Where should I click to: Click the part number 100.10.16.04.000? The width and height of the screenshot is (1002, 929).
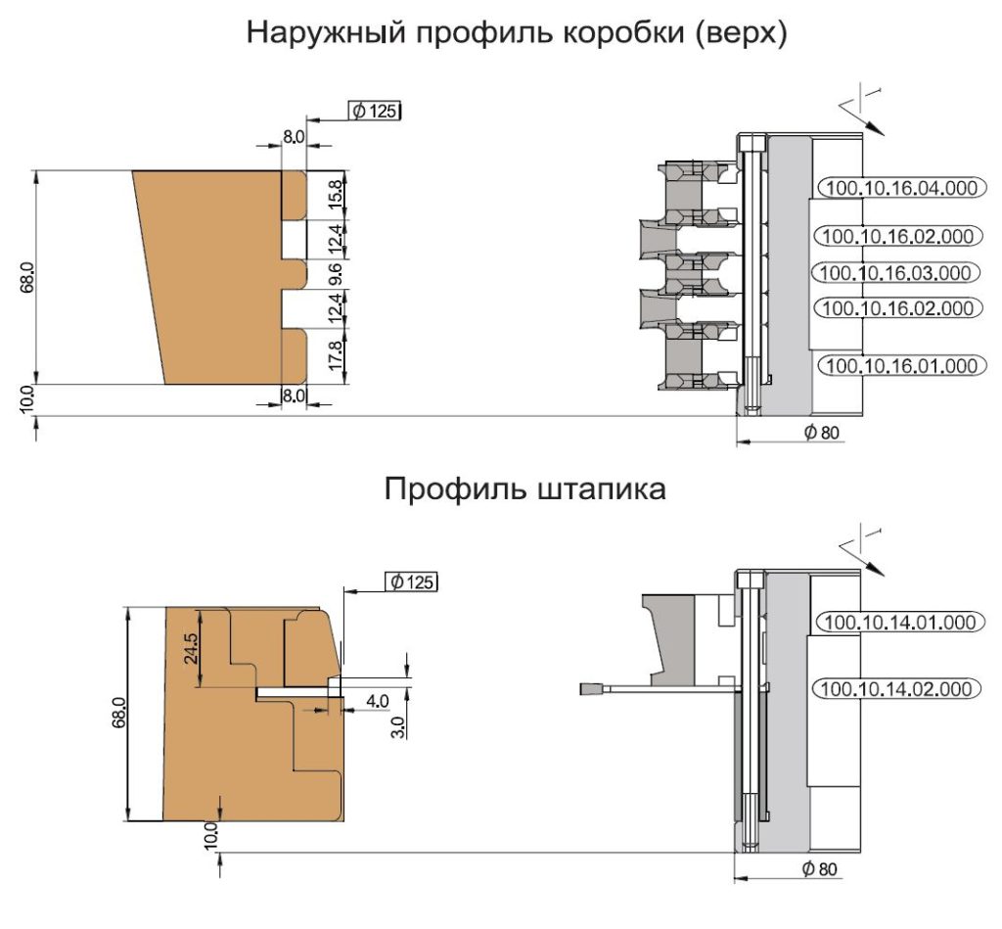900,187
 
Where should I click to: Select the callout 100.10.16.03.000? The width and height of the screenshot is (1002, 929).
894,273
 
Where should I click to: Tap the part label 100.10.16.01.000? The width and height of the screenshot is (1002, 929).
901,366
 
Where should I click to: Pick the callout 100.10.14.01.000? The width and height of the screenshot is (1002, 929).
900,622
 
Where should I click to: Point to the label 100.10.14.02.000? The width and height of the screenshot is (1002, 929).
896,688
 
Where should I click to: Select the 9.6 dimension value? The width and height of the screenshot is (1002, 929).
337,274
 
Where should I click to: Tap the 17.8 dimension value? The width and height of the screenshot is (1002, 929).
337,356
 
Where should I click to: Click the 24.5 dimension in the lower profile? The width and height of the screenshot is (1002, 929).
192,648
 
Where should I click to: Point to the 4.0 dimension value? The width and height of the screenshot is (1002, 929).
377,701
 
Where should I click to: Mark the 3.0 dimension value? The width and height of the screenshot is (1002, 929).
397,727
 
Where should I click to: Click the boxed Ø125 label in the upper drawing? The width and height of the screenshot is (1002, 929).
375,112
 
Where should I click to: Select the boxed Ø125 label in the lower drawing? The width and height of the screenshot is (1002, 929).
412,581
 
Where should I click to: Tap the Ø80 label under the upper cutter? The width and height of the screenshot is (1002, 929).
821,433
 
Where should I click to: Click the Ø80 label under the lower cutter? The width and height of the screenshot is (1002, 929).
819,869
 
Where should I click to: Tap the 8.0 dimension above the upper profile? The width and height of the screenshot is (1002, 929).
294,137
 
